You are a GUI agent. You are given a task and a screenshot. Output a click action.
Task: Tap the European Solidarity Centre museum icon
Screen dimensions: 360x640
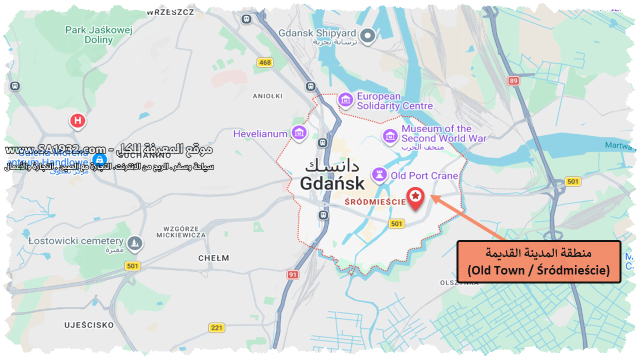point(345,100)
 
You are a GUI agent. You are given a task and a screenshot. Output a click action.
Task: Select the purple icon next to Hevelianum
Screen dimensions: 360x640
point(299,133)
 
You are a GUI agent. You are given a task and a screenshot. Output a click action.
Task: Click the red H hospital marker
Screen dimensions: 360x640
point(77,120)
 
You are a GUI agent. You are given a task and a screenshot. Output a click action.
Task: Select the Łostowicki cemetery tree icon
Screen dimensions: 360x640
point(134,243)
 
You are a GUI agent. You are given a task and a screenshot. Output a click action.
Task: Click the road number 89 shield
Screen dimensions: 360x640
point(513,80)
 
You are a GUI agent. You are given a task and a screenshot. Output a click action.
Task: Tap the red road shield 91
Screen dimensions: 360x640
point(292,274)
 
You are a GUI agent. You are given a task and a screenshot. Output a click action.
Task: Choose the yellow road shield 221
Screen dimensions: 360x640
point(216,327)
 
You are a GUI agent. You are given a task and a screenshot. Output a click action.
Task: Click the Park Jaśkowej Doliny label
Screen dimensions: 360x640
point(98,35)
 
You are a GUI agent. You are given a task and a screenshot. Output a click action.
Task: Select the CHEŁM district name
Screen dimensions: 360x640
point(213,258)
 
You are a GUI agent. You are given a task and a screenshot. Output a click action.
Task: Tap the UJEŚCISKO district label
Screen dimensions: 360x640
point(89,325)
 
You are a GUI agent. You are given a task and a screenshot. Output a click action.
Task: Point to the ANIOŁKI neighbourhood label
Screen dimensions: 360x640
point(268,96)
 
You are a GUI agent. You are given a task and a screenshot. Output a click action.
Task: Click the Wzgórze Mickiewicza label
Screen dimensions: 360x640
point(181,231)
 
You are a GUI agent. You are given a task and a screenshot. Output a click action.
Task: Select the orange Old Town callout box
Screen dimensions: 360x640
point(538,261)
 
